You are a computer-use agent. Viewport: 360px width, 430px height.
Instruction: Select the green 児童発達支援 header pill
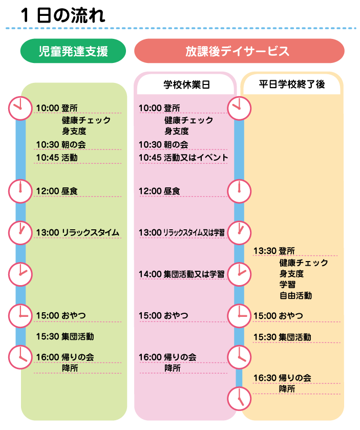click(73, 51)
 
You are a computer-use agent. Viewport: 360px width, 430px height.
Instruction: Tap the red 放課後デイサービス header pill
click(239, 51)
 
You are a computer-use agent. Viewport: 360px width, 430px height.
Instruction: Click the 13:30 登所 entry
click(274, 251)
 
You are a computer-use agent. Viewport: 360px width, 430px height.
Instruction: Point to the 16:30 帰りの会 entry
click(282, 378)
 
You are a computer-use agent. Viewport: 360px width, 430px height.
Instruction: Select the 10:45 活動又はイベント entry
click(183, 157)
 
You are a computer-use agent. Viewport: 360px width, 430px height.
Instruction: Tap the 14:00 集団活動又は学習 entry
click(181, 274)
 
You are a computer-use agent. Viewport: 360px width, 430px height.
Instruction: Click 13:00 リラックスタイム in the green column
click(77, 233)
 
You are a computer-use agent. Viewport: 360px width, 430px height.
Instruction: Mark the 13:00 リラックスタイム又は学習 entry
click(181, 233)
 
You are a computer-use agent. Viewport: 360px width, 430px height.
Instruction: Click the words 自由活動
click(295, 295)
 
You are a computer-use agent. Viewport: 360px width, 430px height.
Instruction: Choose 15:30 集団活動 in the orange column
click(282, 337)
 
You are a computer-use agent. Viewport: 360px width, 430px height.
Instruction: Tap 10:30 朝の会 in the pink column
click(163, 145)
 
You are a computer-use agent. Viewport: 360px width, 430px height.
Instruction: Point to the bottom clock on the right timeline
click(240, 397)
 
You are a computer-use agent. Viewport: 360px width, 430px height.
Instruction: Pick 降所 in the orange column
click(287, 389)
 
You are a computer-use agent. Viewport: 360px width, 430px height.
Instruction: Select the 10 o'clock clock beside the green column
click(20, 108)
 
